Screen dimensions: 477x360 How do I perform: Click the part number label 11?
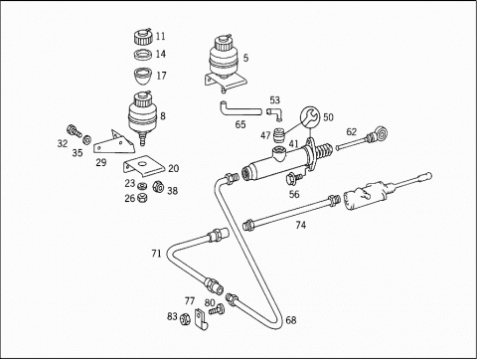tap(160, 36)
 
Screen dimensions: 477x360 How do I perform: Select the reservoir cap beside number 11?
tap(143, 36)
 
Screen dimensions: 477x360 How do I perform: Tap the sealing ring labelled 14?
tap(143, 54)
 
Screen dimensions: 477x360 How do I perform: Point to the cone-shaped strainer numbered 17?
tap(143, 77)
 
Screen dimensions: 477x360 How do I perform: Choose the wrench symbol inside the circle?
tap(310, 117)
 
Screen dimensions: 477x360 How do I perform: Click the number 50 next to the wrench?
tap(328, 117)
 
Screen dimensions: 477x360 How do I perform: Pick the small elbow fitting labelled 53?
tap(275, 112)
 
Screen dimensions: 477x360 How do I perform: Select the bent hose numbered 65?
tap(239, 110)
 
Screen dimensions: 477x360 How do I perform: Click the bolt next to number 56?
tap(294, 178)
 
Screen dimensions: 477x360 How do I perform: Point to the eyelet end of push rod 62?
tap(382, 133)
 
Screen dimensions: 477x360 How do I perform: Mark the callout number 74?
tap(301, 225)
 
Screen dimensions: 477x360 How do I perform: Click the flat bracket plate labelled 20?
tap(144, 166)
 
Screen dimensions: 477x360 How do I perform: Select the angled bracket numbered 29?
tap(113, 143)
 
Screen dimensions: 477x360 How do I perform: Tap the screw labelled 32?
tap(75, 130)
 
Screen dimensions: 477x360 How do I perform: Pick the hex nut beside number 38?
tap(158, 187)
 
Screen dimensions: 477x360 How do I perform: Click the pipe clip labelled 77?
tap(201, 319)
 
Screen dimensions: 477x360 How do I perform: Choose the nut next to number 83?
tap(185, 319)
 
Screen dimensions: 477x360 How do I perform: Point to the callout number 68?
tap(291, 320)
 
